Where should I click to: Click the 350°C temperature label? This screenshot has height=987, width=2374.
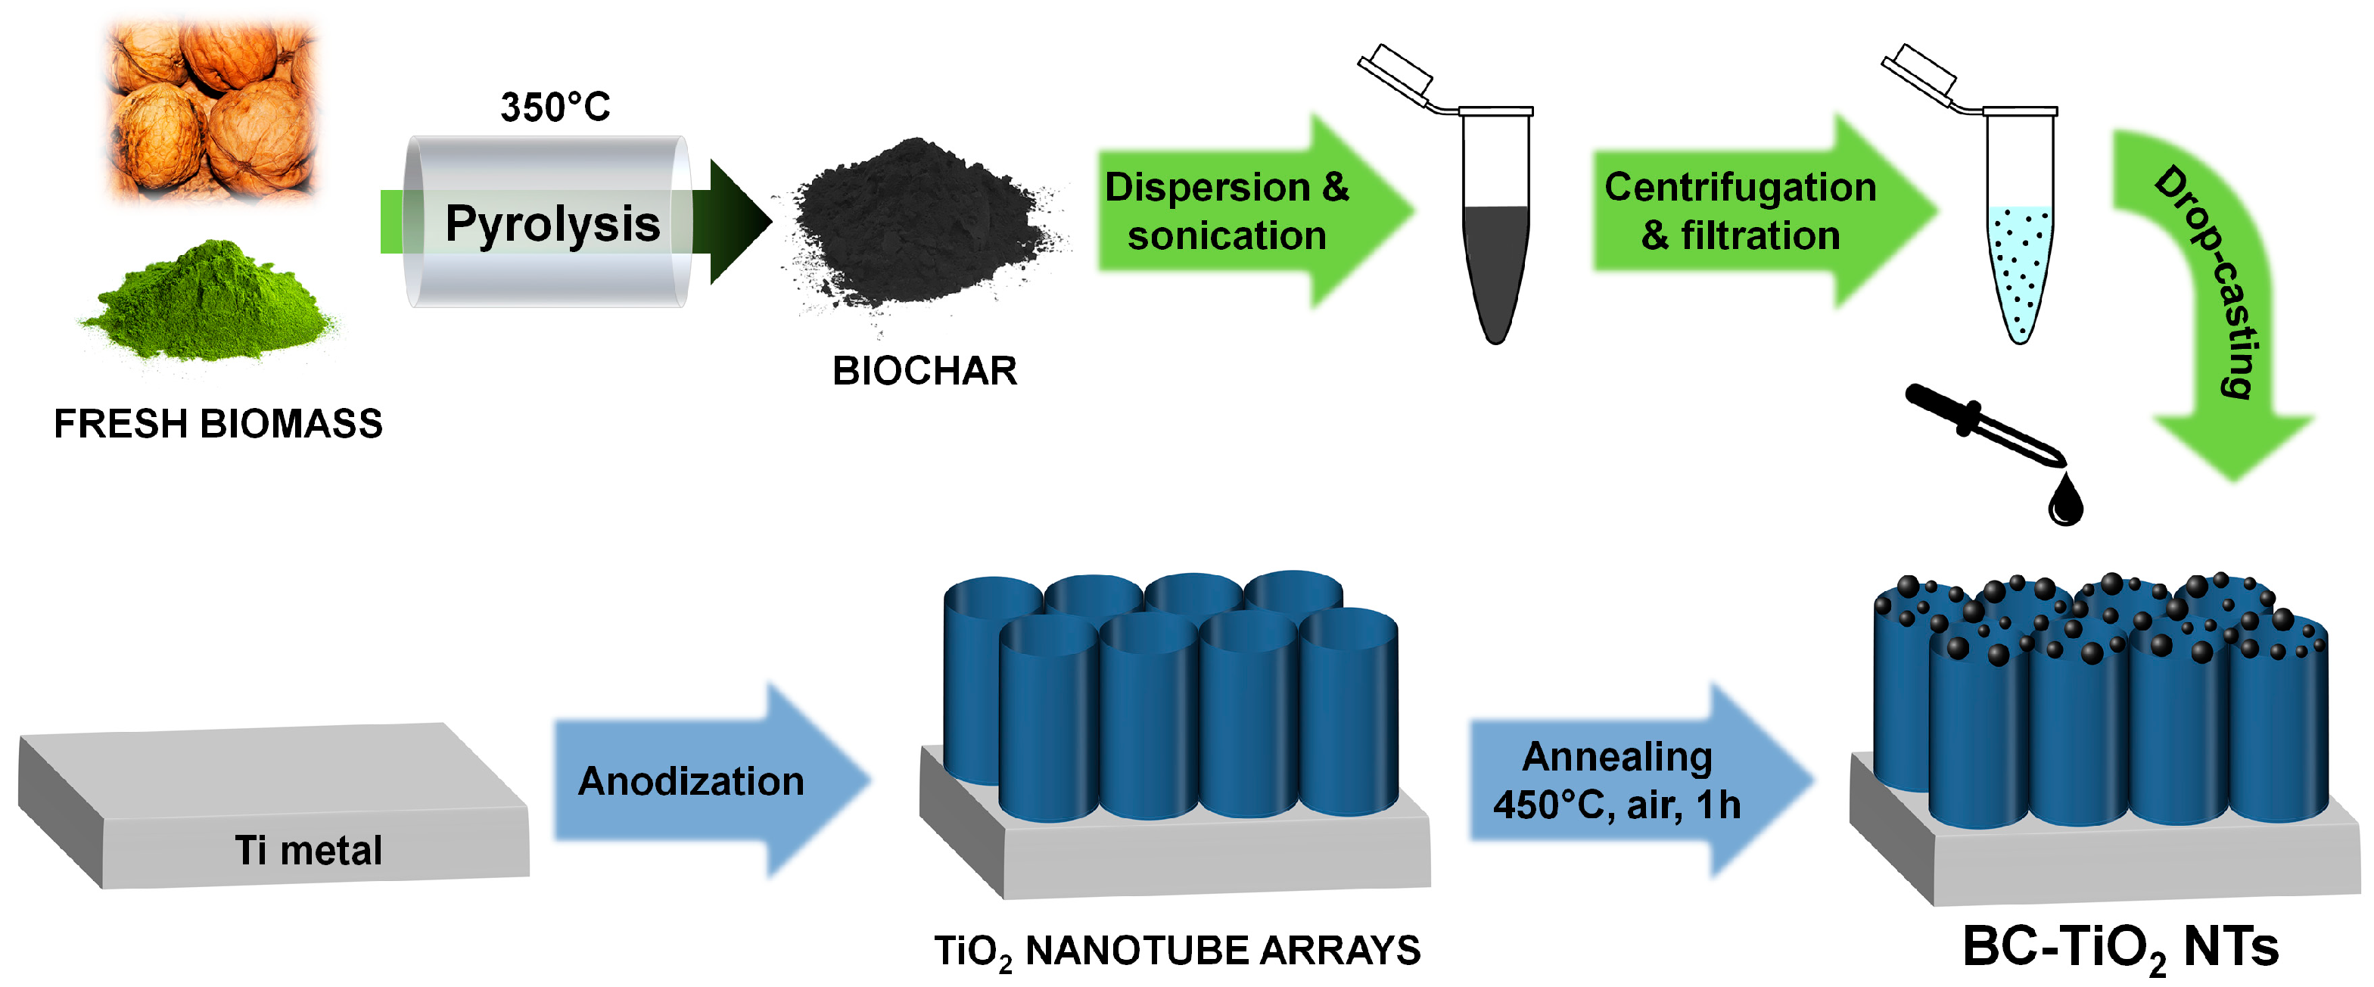pyautogui.click(x=555, y=107)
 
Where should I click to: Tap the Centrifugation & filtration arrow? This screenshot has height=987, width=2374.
pyautogui.click(x=1742, y=212)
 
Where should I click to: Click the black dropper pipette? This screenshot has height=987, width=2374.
pyautogui.click(x=1981, y=424)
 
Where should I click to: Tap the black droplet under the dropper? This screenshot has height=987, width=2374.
pyautogui.click(x=2065, y=503)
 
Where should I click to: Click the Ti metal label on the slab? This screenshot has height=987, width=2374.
pyautogui.click(x=308, y=850)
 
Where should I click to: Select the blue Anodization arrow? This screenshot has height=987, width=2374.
pyautogui.click(x=701, y=780)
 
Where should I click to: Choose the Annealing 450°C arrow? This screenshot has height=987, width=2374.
pyautogui.click(x=1622, y=780)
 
